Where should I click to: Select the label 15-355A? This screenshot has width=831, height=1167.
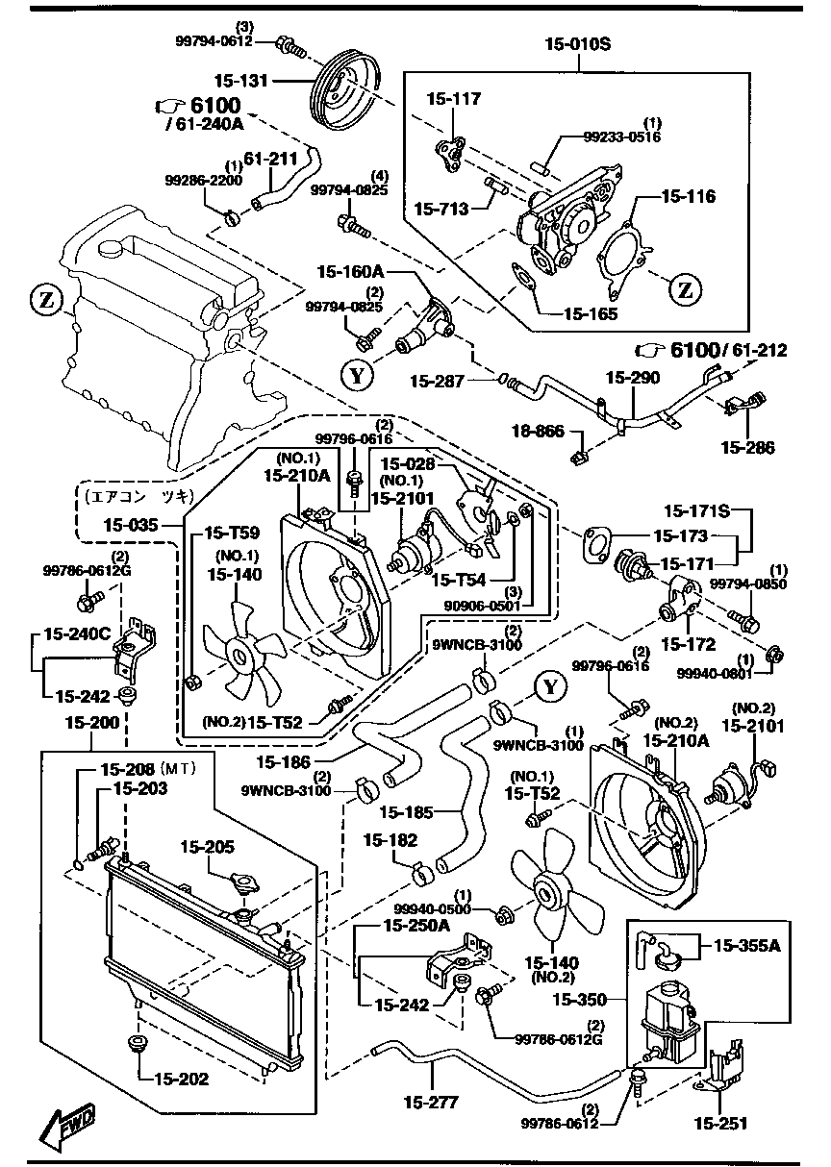tap(745, 945)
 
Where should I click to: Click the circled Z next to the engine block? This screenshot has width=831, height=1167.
tap(45, 301)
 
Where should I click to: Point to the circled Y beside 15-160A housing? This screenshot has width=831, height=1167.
tap(356, 376)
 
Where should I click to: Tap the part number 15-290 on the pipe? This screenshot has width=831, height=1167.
tap(632, 377)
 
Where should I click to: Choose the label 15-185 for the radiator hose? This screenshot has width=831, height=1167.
tap(407, 812)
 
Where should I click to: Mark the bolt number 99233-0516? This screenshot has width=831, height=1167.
tap(621, 137)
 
